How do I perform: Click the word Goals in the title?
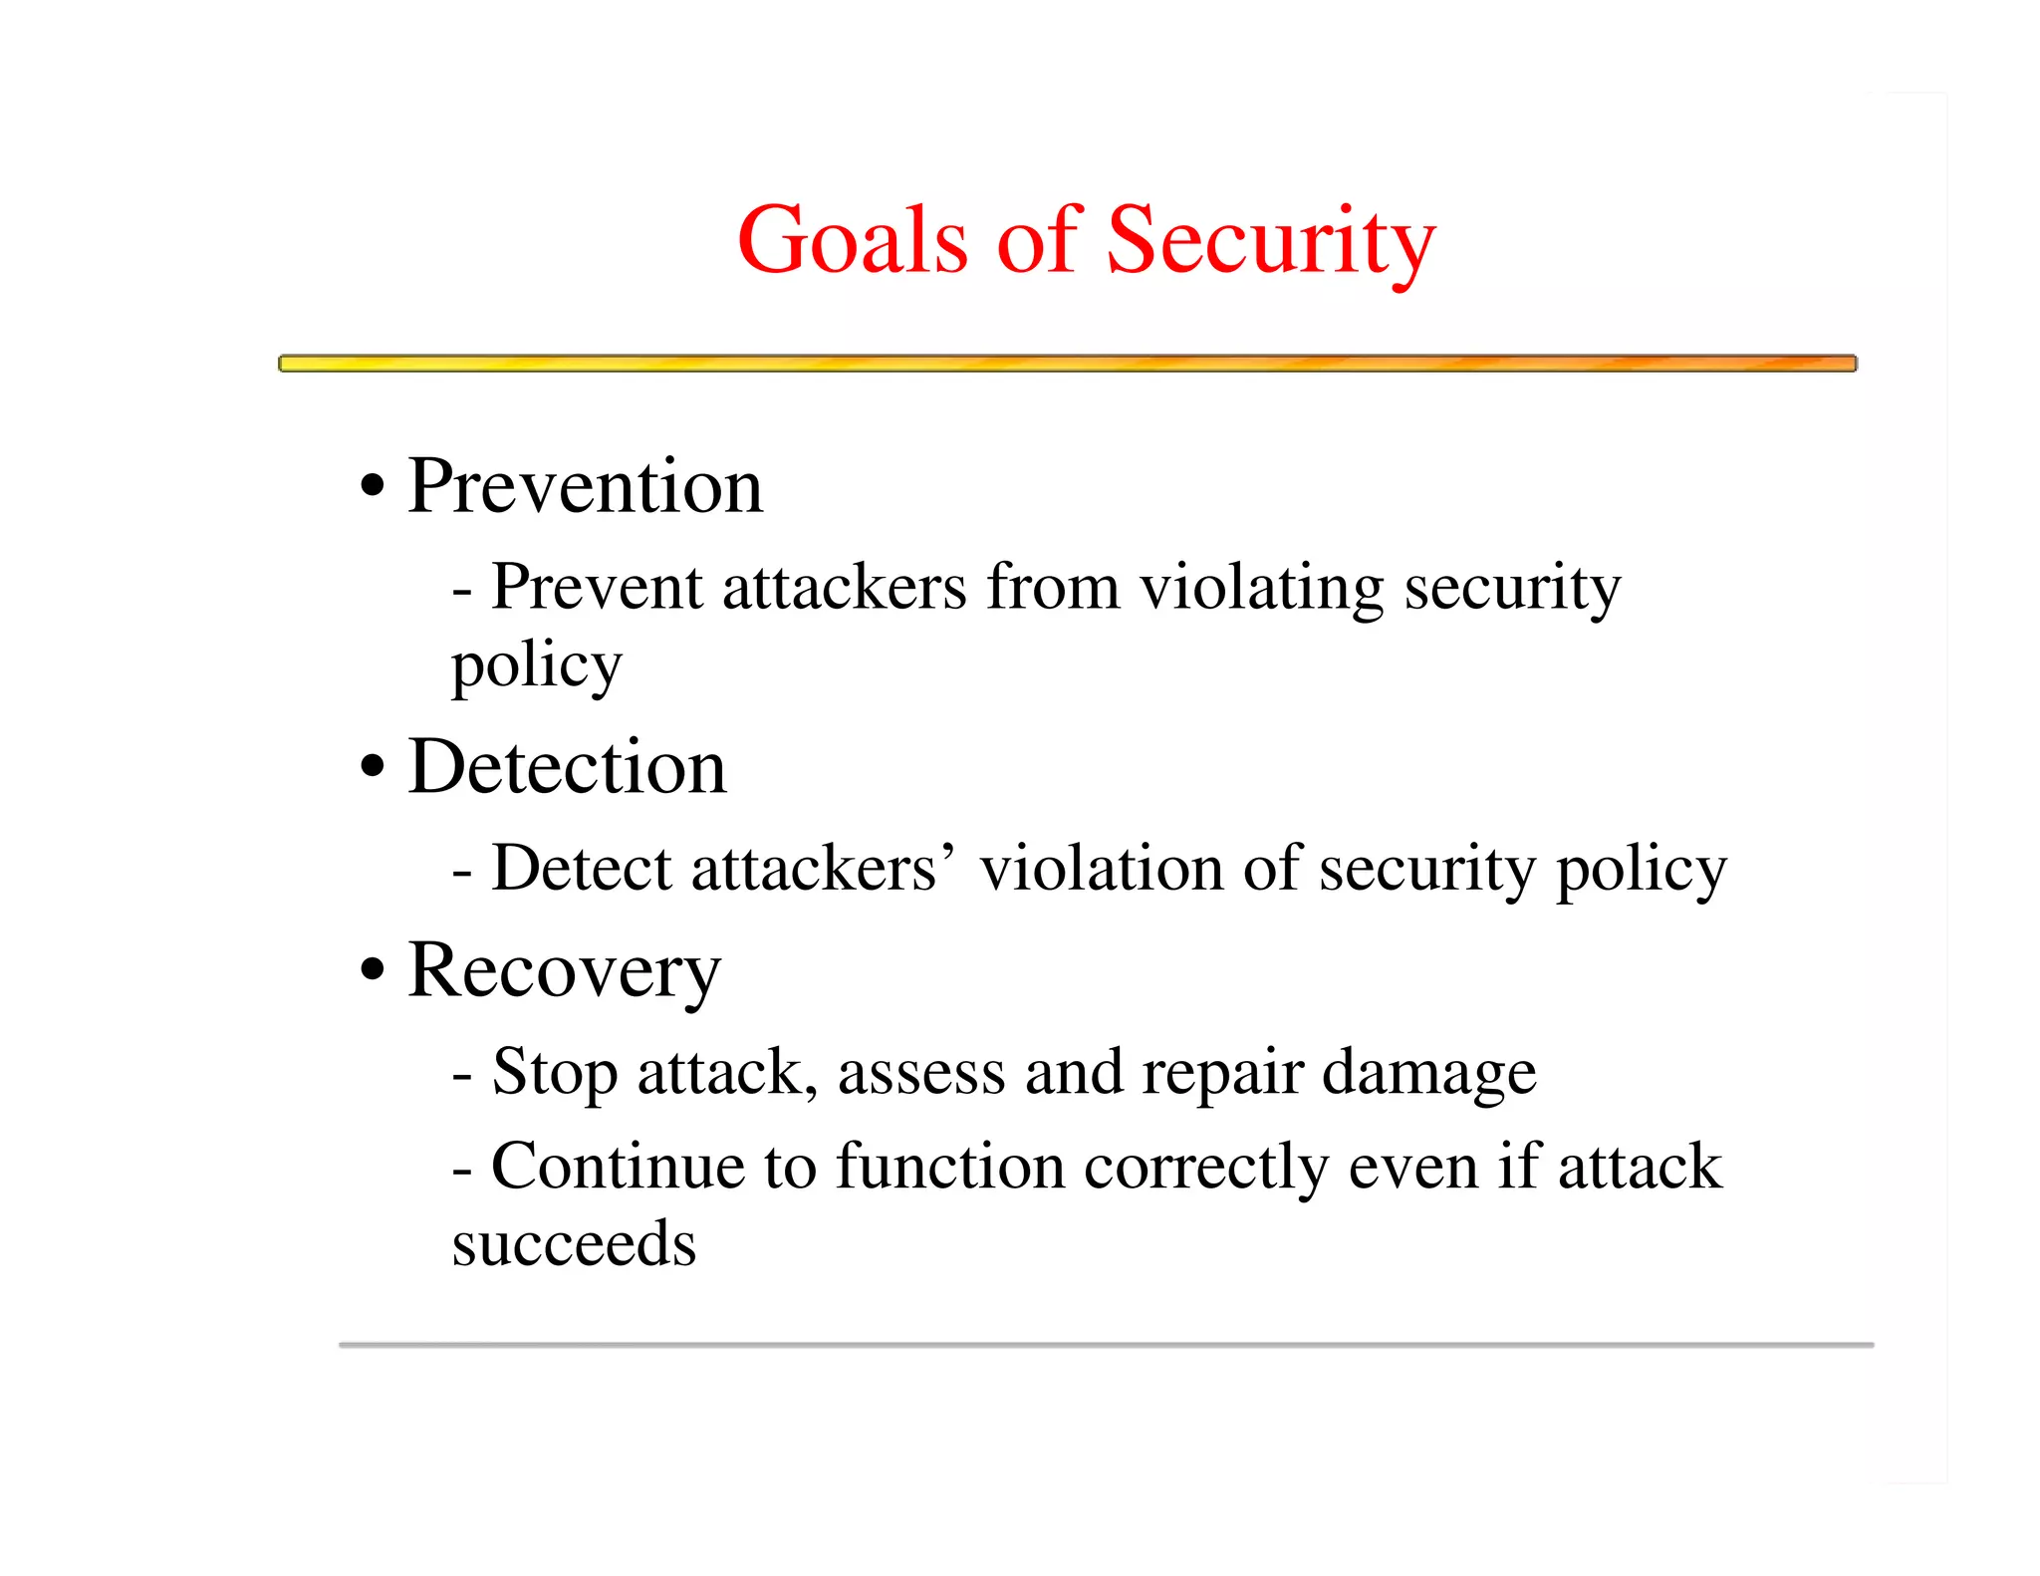pos(852,240)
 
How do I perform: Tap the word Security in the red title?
pos(1270,240)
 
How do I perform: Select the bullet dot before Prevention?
pos(372,487)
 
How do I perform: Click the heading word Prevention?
pos(585,487)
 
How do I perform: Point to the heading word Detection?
pos(567,768)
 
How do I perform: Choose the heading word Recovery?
pos(564,971)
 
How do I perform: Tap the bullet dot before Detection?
pos(372,767)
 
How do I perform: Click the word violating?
pos(1261,588)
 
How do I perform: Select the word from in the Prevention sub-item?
pos(1053,588)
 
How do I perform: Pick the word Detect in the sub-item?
pos(582,869)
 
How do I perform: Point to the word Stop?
pos(555,1074)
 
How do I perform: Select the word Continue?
pos(618,1167)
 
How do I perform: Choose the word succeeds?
pos(574,1244)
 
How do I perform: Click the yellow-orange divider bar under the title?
pos(1067,364)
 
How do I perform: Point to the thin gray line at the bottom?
pos(1106,1345)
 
